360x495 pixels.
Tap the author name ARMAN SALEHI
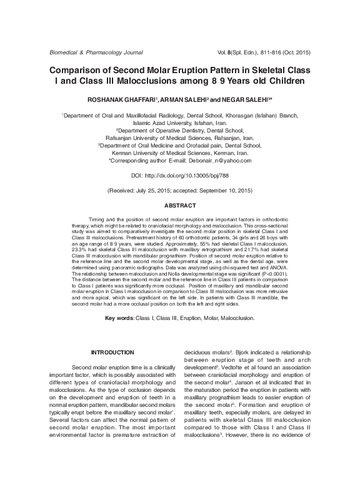(x=186, y=99)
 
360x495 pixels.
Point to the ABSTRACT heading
(x=180, y=205)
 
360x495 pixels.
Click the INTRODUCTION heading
(x=112, y=352)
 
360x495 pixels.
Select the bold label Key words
(x=119, y=318)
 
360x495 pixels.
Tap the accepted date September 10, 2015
(x=222, y=189)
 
